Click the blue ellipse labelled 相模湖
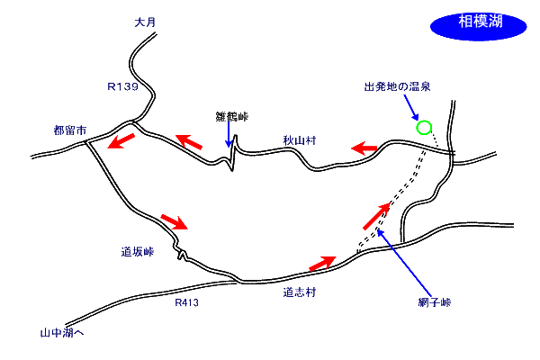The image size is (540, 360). point(478,25)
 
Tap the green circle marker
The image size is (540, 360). point(424,128)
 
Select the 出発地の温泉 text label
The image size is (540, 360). point(396,87)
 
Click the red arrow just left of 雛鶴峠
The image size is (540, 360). point(189,143)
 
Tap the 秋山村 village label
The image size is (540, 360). point(296,139)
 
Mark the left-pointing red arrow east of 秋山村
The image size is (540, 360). point(364,148)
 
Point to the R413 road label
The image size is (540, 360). point(186,302)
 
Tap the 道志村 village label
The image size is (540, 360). point(299,292)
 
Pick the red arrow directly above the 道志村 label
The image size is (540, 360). point(322,263)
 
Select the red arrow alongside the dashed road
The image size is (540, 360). point(377,216)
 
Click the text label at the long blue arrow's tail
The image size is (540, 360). point(433,302)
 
